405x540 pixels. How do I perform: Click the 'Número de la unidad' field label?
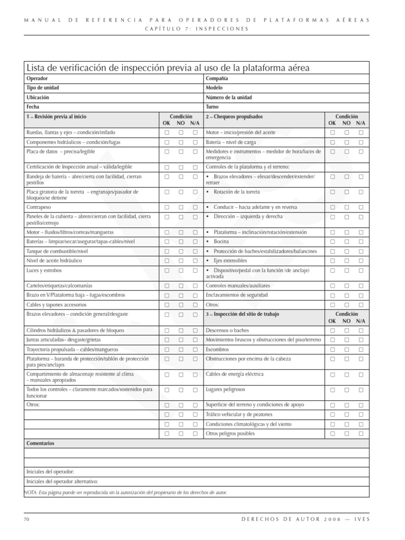click(x=229, y=98)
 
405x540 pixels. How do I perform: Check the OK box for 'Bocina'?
click(x=333, y=242)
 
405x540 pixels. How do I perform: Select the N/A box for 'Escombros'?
click(x=361, y=350)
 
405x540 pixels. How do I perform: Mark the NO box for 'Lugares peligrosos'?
click(x=347, y=390)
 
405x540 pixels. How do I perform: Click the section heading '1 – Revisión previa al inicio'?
click(x=56, y=116)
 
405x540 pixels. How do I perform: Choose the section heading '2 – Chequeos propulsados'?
click(x=234, y=116)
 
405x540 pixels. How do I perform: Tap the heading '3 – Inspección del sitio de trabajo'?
click(x=242, y=314)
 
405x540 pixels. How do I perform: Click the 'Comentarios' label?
click(x=40, y=443)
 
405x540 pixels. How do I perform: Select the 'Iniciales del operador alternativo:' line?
click(x=62, y=481)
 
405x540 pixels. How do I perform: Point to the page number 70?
click(x=26, y=519)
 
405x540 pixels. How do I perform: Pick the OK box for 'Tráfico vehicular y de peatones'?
click(x=333, y=415)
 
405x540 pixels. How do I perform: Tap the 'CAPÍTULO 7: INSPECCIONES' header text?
click(x=196, y=28)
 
